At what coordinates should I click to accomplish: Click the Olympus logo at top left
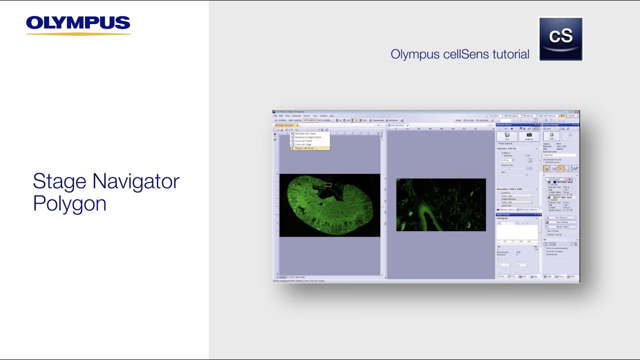coord(78,24)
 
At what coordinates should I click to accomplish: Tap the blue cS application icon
coord(560,39)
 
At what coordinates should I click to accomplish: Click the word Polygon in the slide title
coord(69,203)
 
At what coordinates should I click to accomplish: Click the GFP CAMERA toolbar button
coord(309,120)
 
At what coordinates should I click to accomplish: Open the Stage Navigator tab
coord(285,125)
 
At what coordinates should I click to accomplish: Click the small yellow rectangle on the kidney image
coord(327,185)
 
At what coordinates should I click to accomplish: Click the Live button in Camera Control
coord(507,136)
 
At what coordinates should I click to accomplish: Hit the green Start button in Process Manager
coord(551,136)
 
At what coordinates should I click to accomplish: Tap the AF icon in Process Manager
coord(575,169)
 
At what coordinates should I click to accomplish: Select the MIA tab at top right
coord(562,116)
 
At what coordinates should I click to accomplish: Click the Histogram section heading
coord(502,218)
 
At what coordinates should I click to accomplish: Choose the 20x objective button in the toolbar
coord(355,120)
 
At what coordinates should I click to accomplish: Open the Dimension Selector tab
coord(528,209)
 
